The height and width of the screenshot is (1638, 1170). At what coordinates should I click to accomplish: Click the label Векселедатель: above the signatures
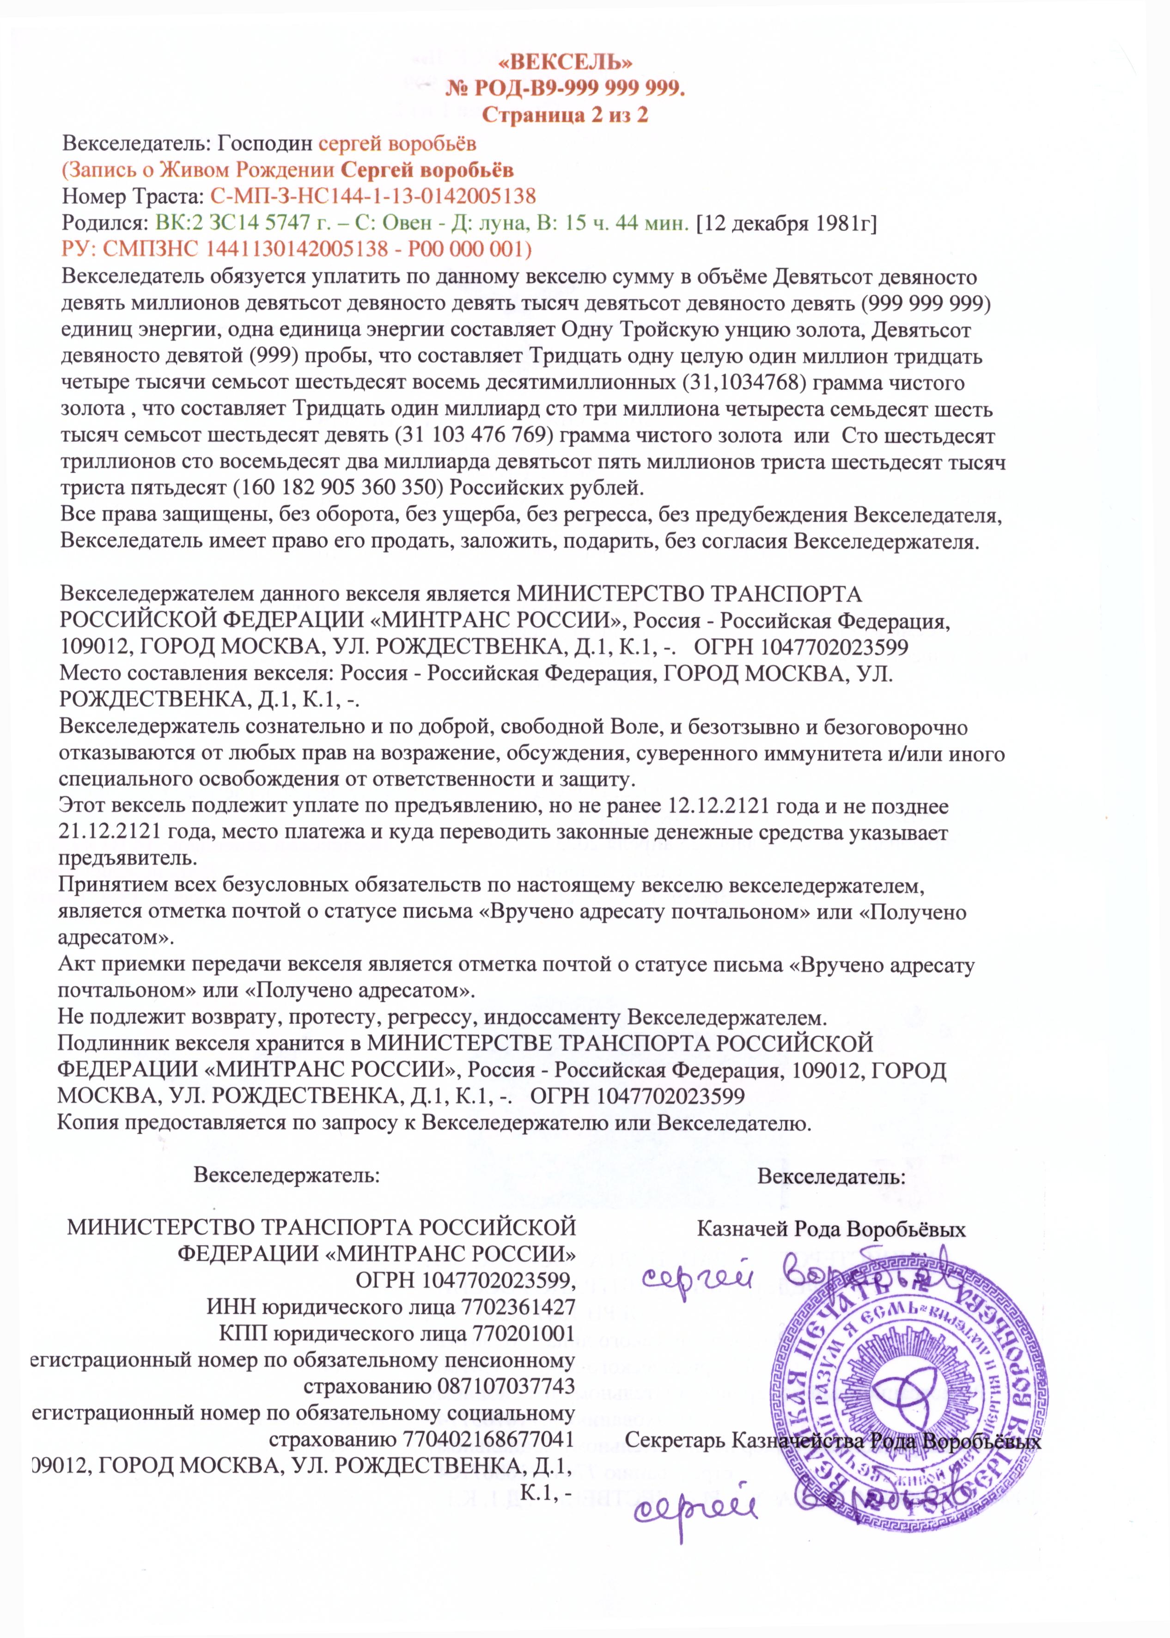pos(831,1178)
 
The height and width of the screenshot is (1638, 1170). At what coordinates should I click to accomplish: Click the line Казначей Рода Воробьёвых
pos(831,1228)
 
